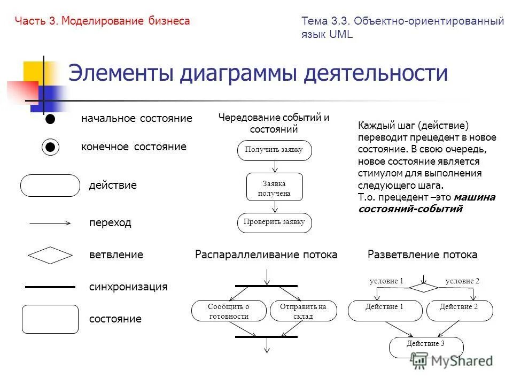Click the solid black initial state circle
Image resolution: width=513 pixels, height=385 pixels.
tap(50, 119)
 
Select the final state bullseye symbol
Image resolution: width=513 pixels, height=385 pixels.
tap(50, 147)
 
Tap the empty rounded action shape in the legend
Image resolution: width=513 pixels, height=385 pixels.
tap(50, 186)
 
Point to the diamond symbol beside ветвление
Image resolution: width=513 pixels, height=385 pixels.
tap(50, 255)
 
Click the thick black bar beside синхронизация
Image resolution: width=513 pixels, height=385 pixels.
tap(50, 287)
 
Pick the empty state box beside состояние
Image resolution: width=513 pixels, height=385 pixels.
tap(50, 319)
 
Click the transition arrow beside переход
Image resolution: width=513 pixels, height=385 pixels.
tap(50, 223)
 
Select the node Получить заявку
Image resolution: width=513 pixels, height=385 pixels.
tap(274, 150)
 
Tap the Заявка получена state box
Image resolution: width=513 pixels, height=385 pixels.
tap(274, 188)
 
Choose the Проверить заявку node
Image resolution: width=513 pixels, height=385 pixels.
tap(274, 222)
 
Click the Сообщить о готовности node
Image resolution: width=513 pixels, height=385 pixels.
tap(229, 311)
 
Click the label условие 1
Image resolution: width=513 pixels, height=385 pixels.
tap(386, 281)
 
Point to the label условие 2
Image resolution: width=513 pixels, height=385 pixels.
tap(462, 281)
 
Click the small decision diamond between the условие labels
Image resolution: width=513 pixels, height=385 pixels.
tap(423, 287)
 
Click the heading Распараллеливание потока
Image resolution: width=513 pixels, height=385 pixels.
tap(266, 255)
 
